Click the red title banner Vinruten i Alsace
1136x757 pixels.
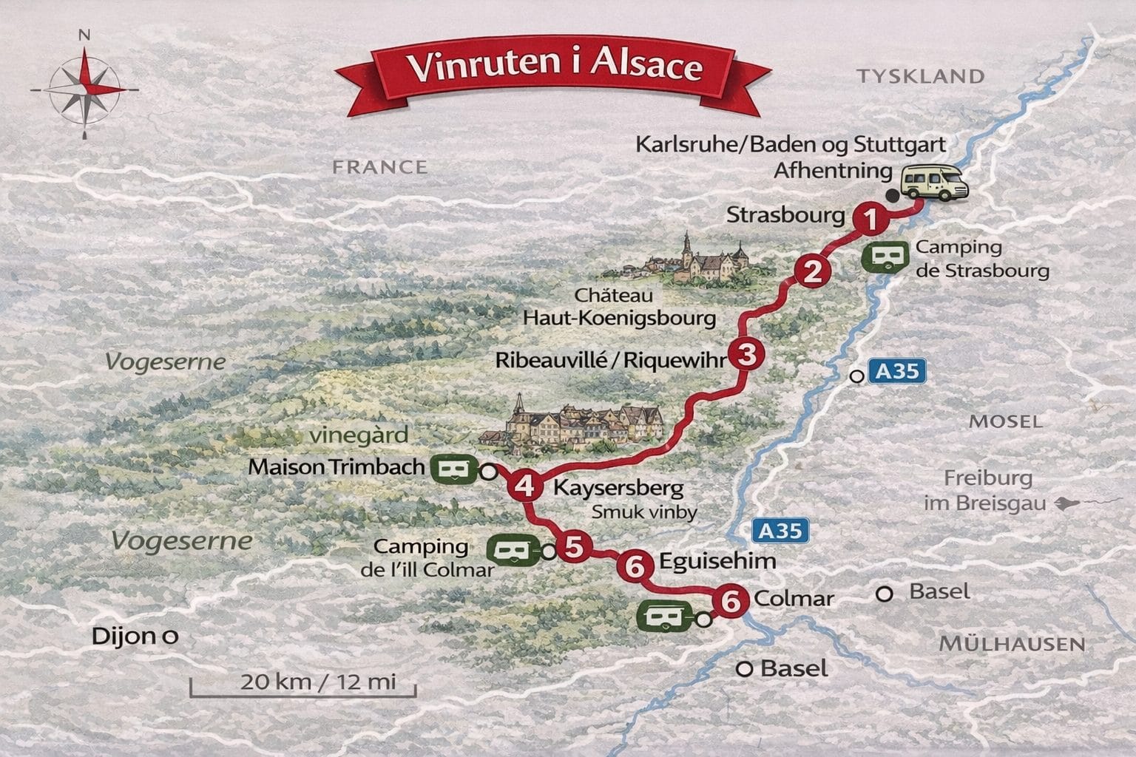[555, 67]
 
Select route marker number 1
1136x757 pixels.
[870, 220]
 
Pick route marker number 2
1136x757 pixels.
[813, 272]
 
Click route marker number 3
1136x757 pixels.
[747, 355]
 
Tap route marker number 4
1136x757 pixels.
[524, 486]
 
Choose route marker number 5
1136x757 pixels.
[574, 547]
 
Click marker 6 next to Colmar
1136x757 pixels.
[730, 601]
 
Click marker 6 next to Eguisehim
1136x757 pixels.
[635, 567]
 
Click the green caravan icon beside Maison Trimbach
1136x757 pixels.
[453, 469]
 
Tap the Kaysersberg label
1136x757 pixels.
[618, 488]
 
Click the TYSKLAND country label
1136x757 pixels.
[921, 76]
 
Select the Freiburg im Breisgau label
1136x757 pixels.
[987, 490]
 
